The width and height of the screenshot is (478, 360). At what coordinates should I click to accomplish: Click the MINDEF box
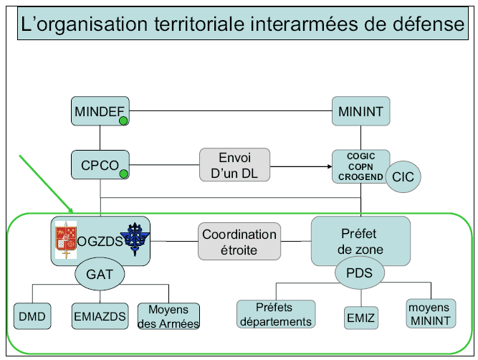click(x=100, y=111)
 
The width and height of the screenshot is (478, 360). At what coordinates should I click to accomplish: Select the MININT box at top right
click(x=360, y=111)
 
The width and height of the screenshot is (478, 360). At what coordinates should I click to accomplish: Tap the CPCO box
click(x=100, y=164)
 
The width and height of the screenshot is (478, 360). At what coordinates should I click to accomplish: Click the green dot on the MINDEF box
click(x=123, y=121)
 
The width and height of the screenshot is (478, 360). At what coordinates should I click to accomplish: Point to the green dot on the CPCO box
click(x=123, y=174)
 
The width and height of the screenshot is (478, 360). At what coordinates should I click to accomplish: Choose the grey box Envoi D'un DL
click(x=234, y=165)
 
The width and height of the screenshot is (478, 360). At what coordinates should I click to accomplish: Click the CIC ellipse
click(x=403, y=176)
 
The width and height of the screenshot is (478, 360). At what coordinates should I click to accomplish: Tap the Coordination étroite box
click(x=239, y=242)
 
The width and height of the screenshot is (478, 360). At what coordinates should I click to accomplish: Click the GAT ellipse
click(x=100, y=273)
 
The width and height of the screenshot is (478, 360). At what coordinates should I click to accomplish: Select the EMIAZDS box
click(x=100, y=316)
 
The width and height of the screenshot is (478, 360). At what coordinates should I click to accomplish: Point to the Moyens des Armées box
click(x=168, y=316)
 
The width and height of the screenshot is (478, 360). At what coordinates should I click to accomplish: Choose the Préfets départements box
click(x=275, y=314)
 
